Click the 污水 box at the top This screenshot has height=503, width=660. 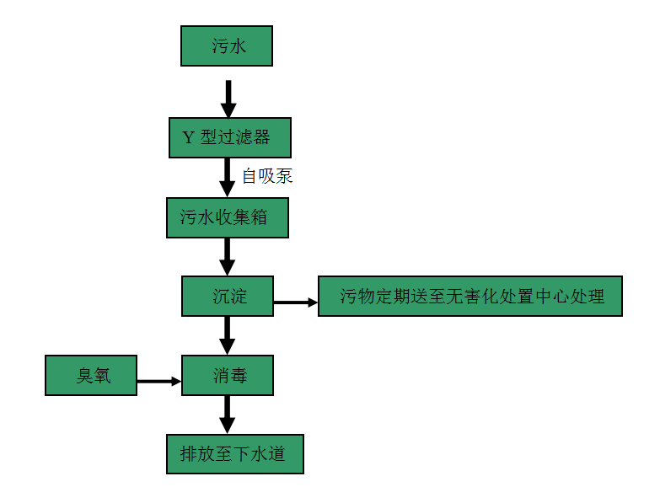coord(227,45)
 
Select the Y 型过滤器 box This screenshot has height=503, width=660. coord(230,137)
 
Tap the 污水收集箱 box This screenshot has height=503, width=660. coord(228,217)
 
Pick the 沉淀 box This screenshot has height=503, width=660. coord(228,296)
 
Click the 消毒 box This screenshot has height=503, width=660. coord(228,375)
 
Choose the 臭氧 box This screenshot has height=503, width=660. coord(90,375)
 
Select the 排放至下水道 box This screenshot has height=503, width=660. coord(234,453)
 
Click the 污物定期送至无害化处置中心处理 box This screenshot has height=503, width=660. coord(470,296)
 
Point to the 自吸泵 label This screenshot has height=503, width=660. coord(266,176)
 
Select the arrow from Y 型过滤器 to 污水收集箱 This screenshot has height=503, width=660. coord(228,177)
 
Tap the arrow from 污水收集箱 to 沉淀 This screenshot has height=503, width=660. coord(228,256)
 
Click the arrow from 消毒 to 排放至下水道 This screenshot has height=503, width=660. coord(228,414)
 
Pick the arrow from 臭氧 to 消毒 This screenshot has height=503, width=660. coord(159,381)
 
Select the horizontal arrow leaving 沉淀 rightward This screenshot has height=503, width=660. coord(295,302)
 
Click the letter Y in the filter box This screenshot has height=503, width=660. coord(188,137)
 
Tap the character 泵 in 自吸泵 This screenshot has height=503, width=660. coord(283,176)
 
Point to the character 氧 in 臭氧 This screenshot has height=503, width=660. coord(102,375)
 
